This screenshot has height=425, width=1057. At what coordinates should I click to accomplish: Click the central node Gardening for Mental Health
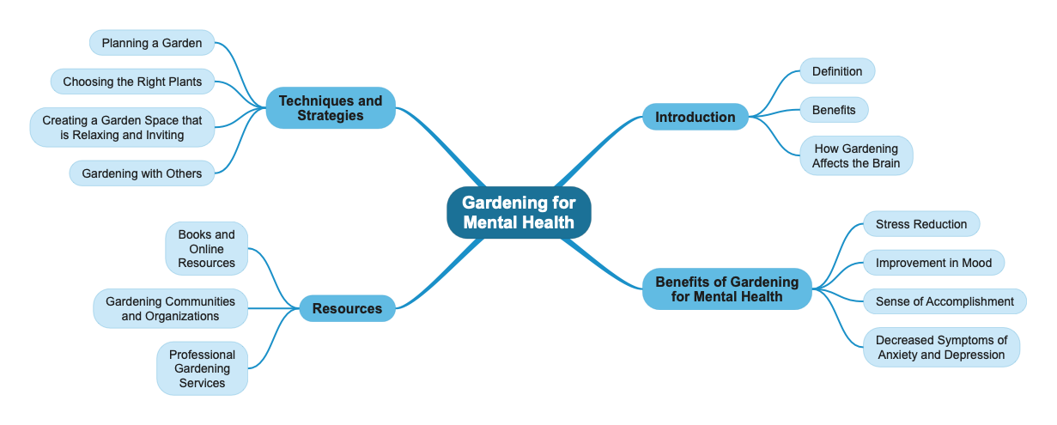[518, 212]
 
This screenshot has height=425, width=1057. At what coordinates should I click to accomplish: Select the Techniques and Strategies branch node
[330, 108]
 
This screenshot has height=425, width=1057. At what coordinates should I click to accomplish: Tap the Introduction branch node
[695, 117]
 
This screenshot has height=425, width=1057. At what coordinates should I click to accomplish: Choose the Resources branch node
[347, 308]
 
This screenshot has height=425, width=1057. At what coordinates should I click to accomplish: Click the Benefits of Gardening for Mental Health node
[726, 288]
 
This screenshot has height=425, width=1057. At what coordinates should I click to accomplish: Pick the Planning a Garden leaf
[151, 43]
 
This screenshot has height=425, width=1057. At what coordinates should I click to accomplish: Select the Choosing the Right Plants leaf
[132, 82]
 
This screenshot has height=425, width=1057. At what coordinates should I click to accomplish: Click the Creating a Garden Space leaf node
[122, 128]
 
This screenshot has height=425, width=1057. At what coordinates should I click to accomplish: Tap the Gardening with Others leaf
[142, 173]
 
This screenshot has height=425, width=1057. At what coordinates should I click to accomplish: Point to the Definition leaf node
[836, 71]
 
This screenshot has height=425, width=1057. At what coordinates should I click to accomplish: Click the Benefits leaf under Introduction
[833, 110]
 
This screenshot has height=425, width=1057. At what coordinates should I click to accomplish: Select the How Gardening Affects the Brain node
[855, 155]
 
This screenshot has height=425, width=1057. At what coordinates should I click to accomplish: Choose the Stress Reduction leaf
[920, 224]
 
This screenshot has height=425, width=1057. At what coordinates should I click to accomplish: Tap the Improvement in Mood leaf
[932, 263]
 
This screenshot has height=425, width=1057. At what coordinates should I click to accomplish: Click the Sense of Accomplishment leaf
[944, 301]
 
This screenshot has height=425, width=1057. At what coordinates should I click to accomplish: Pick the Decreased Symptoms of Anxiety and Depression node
[940, 347]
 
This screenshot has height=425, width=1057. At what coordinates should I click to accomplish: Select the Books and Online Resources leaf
[206, 248]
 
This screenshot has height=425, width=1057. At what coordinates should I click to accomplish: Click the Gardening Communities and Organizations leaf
[170, 308]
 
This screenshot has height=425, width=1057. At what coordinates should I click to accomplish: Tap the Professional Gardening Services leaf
[202, 368]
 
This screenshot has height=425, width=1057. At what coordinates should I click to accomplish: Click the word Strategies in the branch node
[331, 116]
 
